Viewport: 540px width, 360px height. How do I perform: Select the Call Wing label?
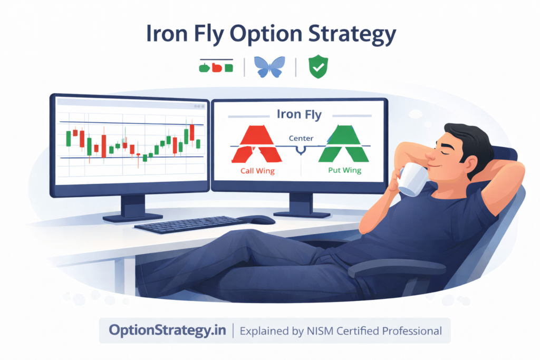point(257,171)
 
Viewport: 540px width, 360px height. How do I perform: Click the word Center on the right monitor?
point(301,139)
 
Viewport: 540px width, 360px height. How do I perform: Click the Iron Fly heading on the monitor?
point(299,114)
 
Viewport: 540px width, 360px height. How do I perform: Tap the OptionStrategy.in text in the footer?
point(168,330)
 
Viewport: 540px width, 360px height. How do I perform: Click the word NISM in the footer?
point(325,331)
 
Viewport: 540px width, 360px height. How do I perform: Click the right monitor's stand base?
point(301,213)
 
